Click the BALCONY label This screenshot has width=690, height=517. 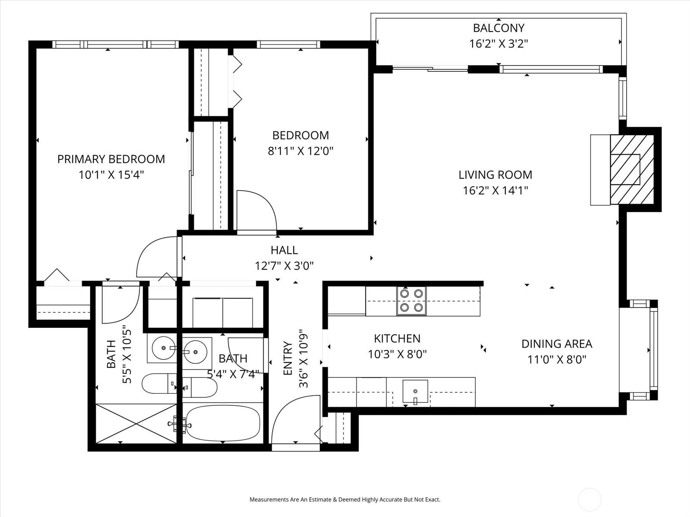(499, 28)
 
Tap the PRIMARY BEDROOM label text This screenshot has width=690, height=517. (111, 159)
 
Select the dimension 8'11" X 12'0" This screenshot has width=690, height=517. (300, 151)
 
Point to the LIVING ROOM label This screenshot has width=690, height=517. (496, 175)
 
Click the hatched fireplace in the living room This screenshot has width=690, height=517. (632, 170)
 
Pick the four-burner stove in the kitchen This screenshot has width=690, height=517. (411, 301)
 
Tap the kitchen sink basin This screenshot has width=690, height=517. (415, 391)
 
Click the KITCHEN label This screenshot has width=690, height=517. (397, 338)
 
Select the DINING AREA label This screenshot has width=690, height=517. (557, 344)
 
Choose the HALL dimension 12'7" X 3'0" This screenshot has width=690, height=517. (284, 266)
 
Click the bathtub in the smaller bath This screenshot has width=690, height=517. (223, 423)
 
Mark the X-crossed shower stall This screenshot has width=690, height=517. (136, 424)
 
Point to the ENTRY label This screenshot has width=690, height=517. (288, 358)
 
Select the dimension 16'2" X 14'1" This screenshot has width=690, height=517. (496, 190)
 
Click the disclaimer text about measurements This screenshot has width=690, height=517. (345, 499)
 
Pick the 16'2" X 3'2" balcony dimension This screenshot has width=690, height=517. (499, 44)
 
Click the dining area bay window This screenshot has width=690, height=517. (653, 350)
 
